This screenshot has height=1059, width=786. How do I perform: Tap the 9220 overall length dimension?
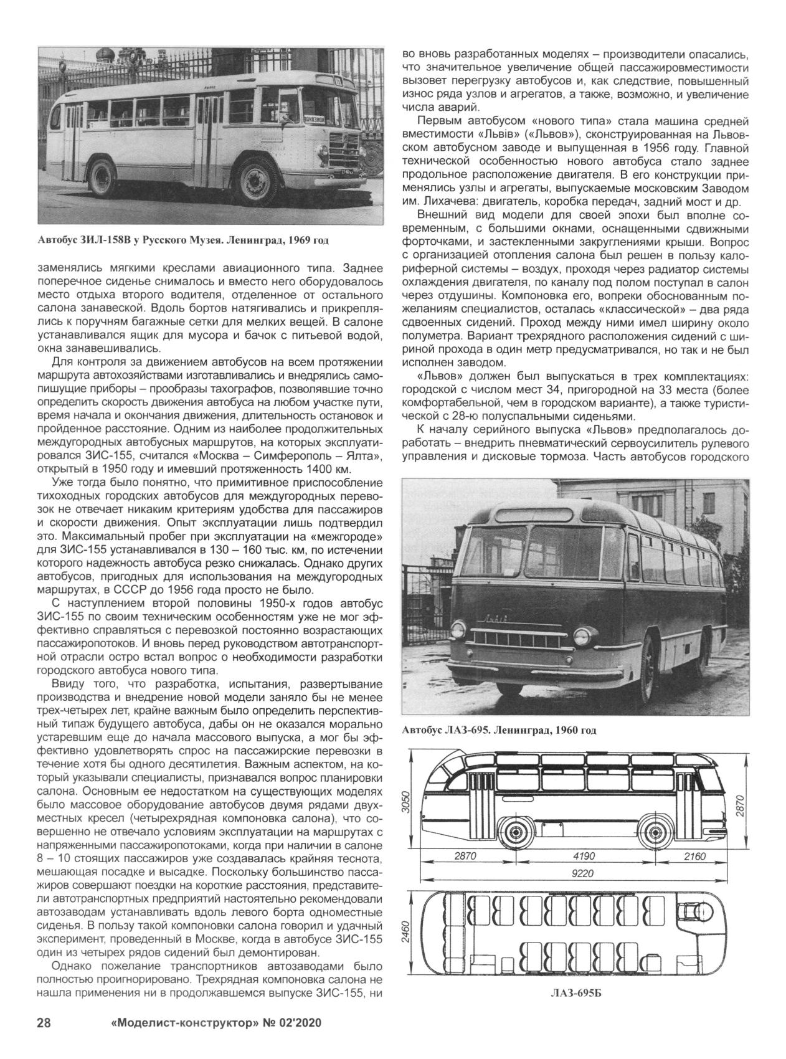point(582,873)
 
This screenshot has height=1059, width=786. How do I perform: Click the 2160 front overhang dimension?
point(694,856)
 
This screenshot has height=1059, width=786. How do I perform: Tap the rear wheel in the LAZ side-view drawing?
point(516,832)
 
